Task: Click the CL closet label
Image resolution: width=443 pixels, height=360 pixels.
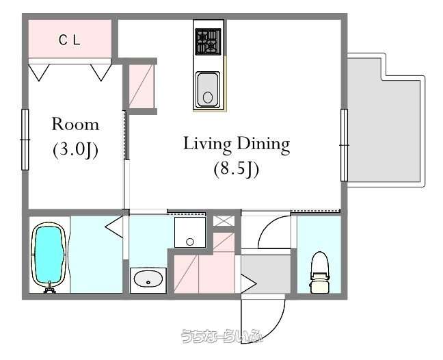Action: (70, 40)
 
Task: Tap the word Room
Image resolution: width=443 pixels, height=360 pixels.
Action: (75, 124)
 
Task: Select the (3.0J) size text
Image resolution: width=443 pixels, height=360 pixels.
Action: (75, 150)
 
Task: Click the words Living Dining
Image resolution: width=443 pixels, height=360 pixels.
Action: (237, 145)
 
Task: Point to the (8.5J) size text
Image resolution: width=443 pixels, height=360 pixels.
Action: (236, 170)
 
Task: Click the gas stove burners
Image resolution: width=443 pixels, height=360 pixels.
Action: (209, 41)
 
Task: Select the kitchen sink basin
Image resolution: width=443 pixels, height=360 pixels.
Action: (208, 90)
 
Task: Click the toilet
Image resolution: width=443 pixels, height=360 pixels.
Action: (319, 272)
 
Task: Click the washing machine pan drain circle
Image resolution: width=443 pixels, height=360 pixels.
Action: (190, 242)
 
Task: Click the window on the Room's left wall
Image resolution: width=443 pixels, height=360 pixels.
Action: (25, 140)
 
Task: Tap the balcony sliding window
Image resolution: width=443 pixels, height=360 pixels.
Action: (344, 145)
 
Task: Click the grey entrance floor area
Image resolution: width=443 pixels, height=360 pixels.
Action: (265, 274)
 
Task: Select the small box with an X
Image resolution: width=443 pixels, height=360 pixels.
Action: (224, 221)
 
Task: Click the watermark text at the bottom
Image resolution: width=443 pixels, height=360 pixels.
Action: (222, 335)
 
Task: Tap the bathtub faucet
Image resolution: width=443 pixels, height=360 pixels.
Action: (50, 287)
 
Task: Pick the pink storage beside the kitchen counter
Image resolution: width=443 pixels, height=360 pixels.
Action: (142, 86)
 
